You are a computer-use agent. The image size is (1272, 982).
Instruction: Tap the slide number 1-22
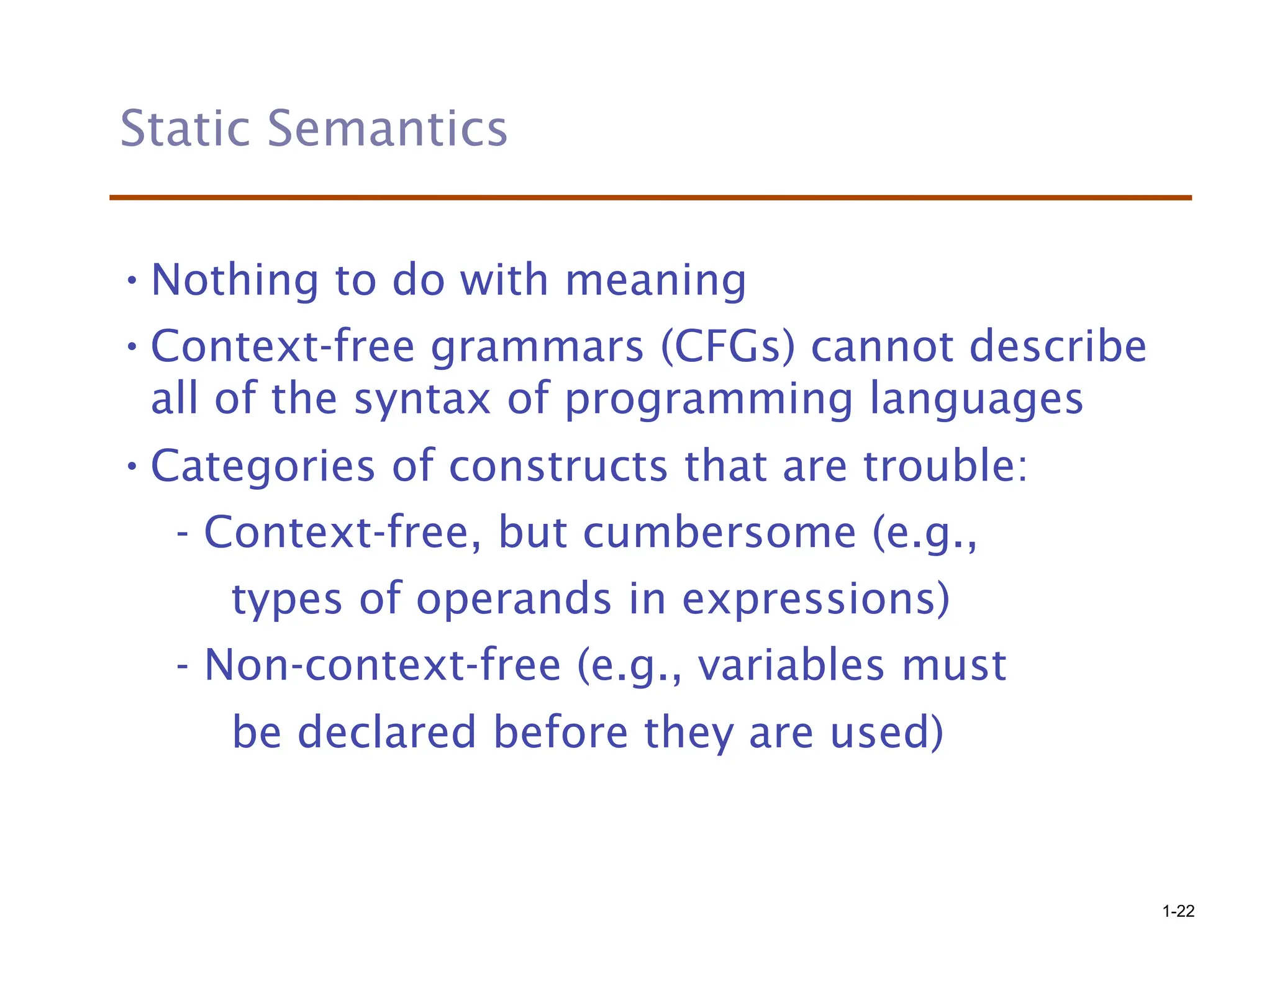point(1178,911)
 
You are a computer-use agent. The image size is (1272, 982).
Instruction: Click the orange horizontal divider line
point(650,197)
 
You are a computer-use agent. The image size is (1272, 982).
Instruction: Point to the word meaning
point(655,282)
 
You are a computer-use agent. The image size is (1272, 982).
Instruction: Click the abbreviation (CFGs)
point(727,346)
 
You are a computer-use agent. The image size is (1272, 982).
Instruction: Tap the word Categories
point(263,467)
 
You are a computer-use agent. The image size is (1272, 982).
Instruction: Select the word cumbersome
point(719,533)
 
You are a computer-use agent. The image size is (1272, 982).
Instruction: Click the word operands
point(514,600)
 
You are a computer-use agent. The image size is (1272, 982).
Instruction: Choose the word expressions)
point(815,600)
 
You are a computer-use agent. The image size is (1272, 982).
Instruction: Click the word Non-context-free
point(383,665)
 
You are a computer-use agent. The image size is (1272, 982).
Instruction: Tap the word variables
point(791,665)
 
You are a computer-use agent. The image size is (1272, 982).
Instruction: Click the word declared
point(386,732)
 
